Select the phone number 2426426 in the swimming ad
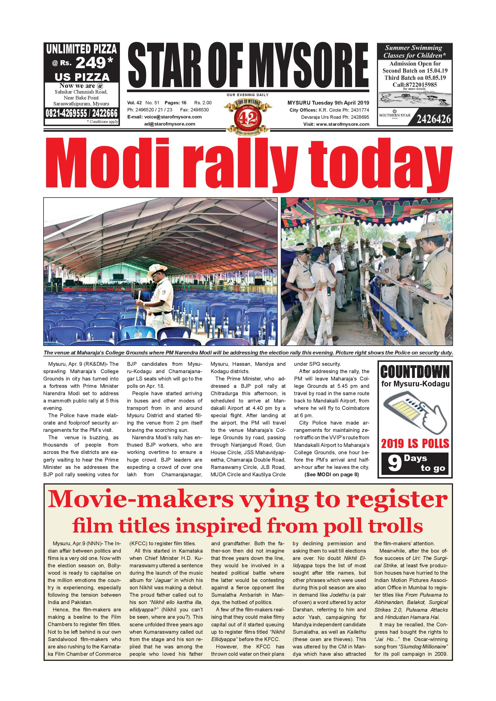point(434,119)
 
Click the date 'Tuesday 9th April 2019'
point(340,103)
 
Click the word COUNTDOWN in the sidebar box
point(415,372)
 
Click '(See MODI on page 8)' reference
point(331,475)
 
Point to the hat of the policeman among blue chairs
point(157,270)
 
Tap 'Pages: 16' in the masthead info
point(175,103)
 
